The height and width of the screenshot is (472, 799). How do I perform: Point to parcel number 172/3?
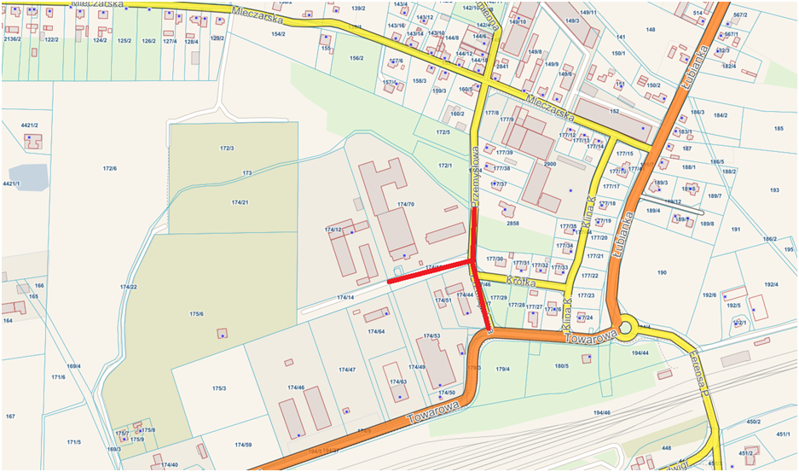(x=227, y=149)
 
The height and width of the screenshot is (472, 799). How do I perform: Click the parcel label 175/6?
(x=196, y=314)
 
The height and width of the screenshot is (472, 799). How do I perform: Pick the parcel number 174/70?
(x=405, y=204)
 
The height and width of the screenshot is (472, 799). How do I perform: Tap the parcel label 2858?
(x=512, y=224)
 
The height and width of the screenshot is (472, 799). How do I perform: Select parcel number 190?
(x=661, y=272)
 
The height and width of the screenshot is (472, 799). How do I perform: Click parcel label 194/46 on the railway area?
(x=602, y=412)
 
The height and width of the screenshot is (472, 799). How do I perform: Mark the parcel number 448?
(x=666, y=447)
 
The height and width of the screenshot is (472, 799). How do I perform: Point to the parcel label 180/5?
(x=561, y=366)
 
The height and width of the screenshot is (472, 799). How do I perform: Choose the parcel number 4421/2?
(x=30, y=125)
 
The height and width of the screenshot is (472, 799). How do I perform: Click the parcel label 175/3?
(x=219, y=388)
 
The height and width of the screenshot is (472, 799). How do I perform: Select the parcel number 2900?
(x=550, y=163)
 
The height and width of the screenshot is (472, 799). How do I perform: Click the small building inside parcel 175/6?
(x=223, y=333)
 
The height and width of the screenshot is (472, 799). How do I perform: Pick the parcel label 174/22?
(x=128, y=287)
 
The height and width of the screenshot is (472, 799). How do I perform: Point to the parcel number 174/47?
(x=346, y=370)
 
